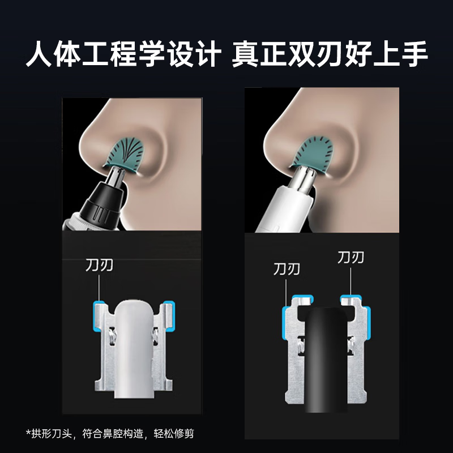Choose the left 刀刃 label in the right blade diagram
click(x=286, y=268)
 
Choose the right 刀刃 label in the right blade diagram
click(x=350, y=258)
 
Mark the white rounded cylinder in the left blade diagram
click(x=135, y=348)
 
